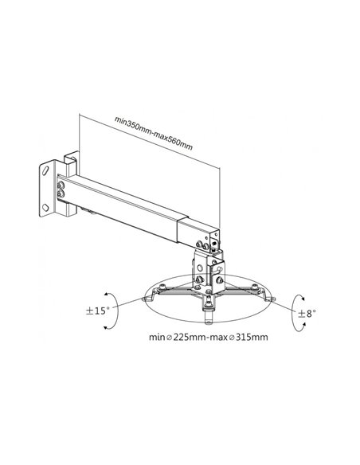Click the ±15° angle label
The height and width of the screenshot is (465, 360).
click(x=97, y=311)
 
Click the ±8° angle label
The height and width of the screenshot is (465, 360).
click(x=307, y=313)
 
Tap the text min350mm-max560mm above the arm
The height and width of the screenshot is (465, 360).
click(x=154, y=133)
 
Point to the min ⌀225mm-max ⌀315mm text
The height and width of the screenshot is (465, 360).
click(x=209, y=337)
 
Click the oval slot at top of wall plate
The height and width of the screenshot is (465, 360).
click(x=45, y=171)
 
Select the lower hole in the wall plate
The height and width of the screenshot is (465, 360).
click(x=45, y=207)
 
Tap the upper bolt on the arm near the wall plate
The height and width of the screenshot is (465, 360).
click(x=61, y=186)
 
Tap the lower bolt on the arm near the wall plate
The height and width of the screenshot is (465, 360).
click(x=61, y=194)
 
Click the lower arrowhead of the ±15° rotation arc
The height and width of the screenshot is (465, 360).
click(x=105, y=327)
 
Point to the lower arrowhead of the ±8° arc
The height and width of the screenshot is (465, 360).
click(x=303, y=326)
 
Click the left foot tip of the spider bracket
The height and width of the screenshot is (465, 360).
click(x=145, y=299)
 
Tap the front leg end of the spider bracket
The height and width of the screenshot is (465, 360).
click(x=209, y=319)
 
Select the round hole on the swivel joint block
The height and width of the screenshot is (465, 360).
click(x=200, y=268)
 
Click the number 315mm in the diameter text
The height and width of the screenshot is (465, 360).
click(x=252, y=337)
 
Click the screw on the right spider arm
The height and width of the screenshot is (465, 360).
click(x=254, y=287)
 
